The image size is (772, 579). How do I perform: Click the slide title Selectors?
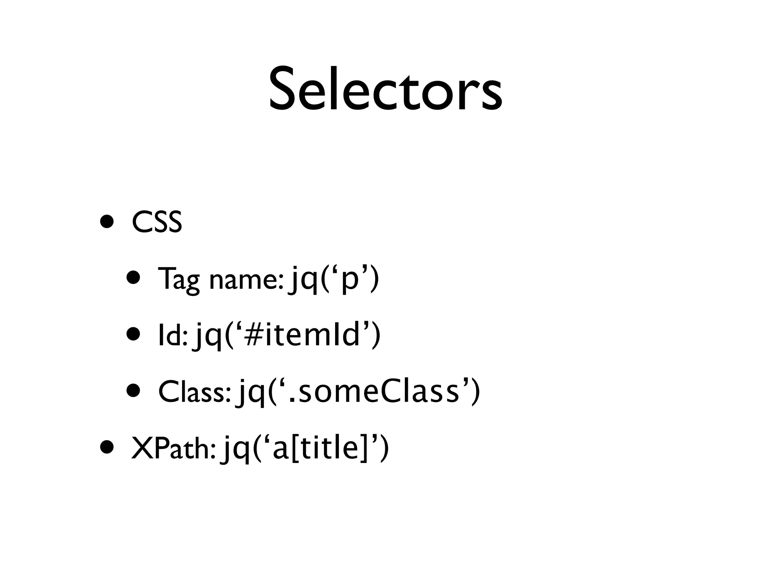tap(385, 89)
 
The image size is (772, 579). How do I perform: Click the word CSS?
tap(157, 223)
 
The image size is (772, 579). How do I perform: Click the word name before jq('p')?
tap(245, 280)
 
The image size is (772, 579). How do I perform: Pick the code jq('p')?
tap(334, 280)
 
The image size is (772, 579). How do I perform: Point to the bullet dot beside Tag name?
tap(134, 279)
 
